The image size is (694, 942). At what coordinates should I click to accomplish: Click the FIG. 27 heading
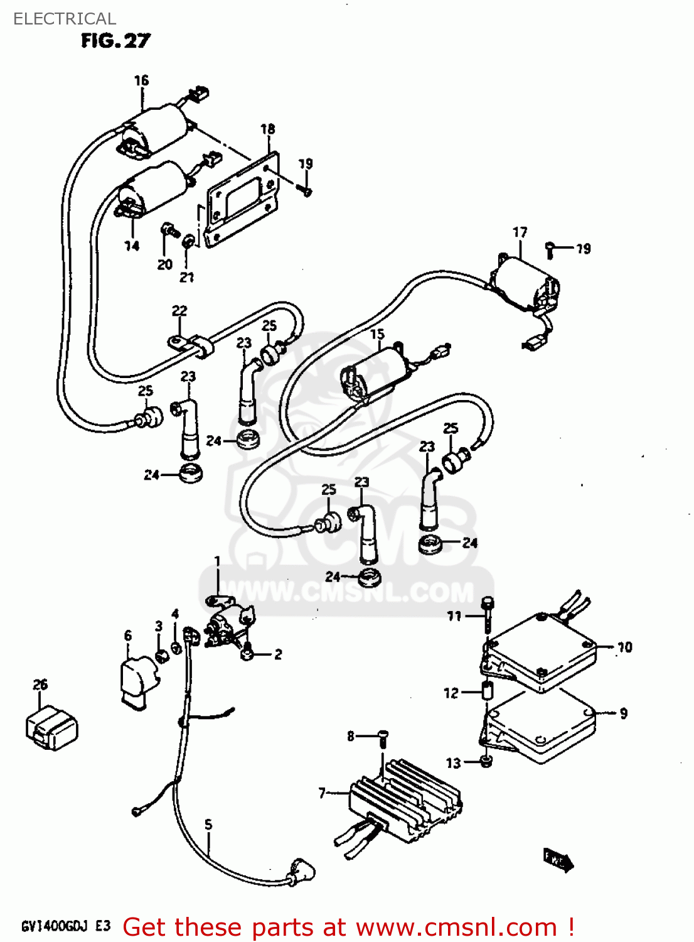click(x=115, y=41)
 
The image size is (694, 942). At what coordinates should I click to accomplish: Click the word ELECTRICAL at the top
click(x=65, y=19)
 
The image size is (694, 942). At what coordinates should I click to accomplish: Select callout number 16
click(x=141, y=80)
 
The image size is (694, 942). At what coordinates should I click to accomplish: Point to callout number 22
click(x=179, y=311)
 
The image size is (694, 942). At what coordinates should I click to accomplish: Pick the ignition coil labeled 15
click(x=376, y=374)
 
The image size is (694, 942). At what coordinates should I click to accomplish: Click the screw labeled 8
click(x=383, y=736)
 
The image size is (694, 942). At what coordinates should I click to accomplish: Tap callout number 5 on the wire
click(x=208, y=825)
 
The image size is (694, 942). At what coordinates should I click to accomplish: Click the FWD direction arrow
click(x=558, y=859)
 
